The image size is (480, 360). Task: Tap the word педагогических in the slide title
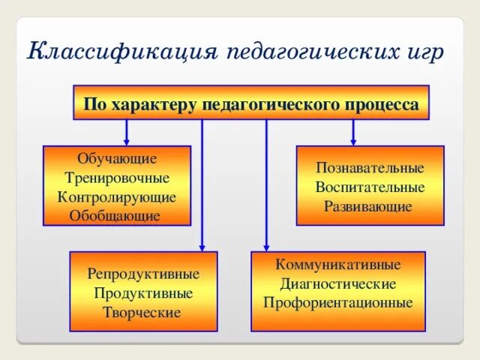[308, 53]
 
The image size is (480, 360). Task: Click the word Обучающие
[117, 159]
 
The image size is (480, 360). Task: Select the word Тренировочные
[117, 178]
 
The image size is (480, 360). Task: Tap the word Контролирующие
[117, 197]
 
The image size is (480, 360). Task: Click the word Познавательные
[370, 168]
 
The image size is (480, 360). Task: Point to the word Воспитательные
[370, 187]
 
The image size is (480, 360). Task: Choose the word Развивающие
[368, 206]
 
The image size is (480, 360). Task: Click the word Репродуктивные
[143, 274]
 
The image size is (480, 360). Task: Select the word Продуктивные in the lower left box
[143, 293]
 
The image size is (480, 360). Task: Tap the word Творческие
[143, 312]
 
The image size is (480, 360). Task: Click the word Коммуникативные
[338, 265]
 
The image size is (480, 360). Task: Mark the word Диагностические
[338, 284]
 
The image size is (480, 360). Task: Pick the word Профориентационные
[338, 303]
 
